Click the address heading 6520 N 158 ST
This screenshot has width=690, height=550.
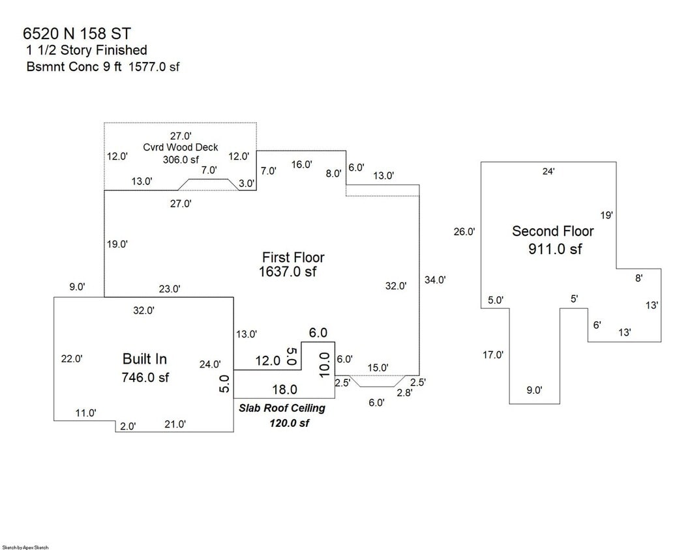(x=77, y=34)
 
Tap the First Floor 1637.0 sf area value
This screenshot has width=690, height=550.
(x=288, y=272)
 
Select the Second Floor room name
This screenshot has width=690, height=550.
(x=552, y=231)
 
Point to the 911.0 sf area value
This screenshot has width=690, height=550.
(x=555, y=250)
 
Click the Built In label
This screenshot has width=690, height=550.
(x=145, y=359)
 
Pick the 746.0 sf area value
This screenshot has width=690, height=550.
(x=145, y=377)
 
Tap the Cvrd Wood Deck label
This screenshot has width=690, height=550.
(x=181, y=147)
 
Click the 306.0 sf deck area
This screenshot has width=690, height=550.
(x=181, y=160)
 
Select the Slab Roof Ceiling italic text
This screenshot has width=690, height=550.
(x=282, y=408)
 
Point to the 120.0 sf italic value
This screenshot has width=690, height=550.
(x=289, y=423)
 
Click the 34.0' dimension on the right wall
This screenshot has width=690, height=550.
(x=435, y=280)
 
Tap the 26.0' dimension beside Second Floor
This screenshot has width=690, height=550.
(x=464, y=232)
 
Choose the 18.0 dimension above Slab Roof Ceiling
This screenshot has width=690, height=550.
(x=285, y=390)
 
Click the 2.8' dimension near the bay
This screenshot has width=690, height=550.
(x=404, y=392)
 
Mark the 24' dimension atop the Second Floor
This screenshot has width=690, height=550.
(x=548, y=171)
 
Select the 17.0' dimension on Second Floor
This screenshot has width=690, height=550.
(x=493, y=355)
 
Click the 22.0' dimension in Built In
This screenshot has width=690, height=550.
(x=72, y=359)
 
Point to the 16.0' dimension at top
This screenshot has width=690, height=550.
(x=302, y=164)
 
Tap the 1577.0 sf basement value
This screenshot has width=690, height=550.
(x=154, y=67)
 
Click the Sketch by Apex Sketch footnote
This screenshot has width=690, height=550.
(x=25, y=547)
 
